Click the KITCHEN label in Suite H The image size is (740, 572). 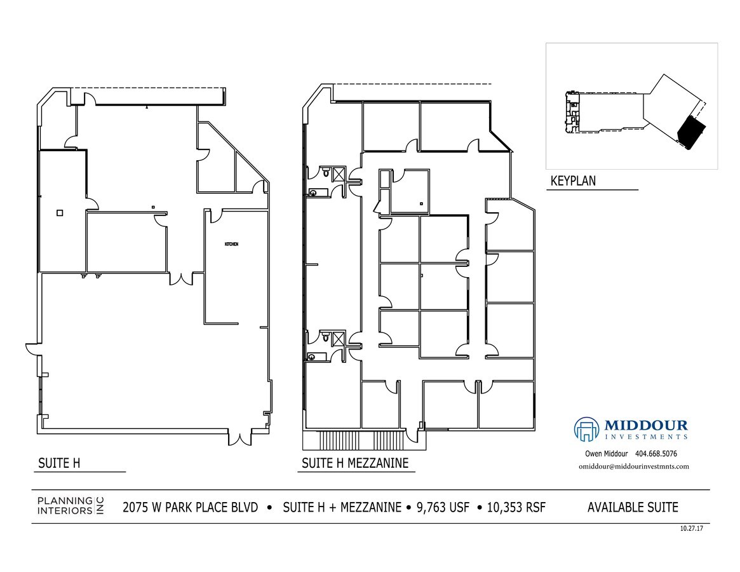[x=231, y=245]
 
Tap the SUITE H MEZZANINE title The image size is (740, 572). [x=354, y=463]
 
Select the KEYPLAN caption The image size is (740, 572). [x=573, y=181]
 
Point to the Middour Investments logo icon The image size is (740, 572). [x=587, y=429]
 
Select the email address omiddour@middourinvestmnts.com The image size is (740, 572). [x=633, y=466]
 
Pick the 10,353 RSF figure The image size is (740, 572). [x=516, y=507]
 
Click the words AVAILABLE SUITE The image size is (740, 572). [x=633, y=507]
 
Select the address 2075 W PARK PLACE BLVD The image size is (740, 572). [x=191, y=507]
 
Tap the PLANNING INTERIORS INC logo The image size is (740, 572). [x=70, y=506]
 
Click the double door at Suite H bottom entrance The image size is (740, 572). [x=239, y=438]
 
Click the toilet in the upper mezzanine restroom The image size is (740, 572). [x=326, y=172]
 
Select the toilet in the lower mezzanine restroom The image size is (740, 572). [x=326, y=337]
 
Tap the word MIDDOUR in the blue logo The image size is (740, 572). [x=645, y=425]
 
